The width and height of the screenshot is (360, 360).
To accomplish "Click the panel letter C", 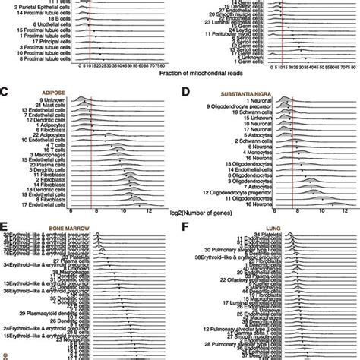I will point(5,92).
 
